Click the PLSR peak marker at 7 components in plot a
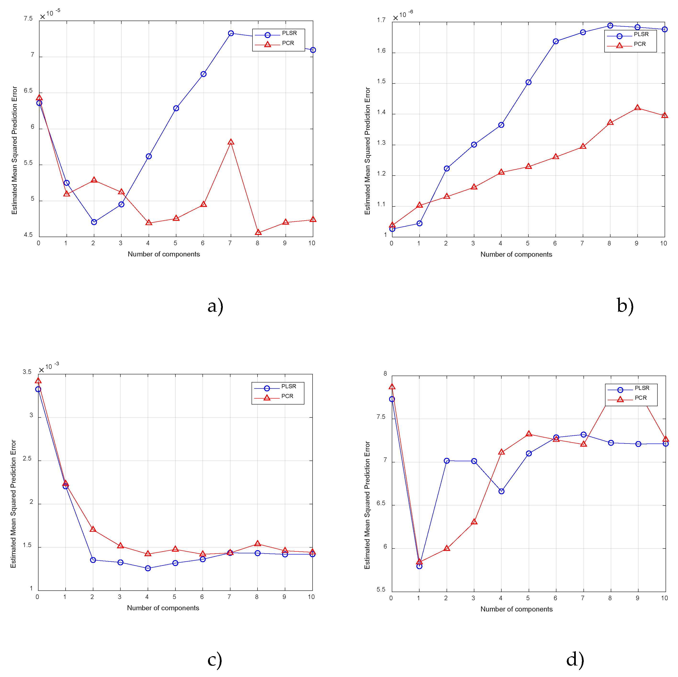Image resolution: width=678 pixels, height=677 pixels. (231, 33)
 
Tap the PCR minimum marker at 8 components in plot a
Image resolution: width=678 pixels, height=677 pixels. (258, 233)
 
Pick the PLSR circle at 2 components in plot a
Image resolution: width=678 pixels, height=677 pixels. (94, 222)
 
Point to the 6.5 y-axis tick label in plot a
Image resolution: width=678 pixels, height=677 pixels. (28, 90)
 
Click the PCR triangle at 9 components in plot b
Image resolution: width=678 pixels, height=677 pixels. (638, 108)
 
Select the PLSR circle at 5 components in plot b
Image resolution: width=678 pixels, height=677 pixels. (528, 83)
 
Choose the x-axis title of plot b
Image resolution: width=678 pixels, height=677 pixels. (516, 254)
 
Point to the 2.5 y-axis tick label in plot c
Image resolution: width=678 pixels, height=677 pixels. (27, 458)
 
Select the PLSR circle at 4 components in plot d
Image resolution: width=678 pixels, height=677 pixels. (501, 491)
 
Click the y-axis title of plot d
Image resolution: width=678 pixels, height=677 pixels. (367, 505)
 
